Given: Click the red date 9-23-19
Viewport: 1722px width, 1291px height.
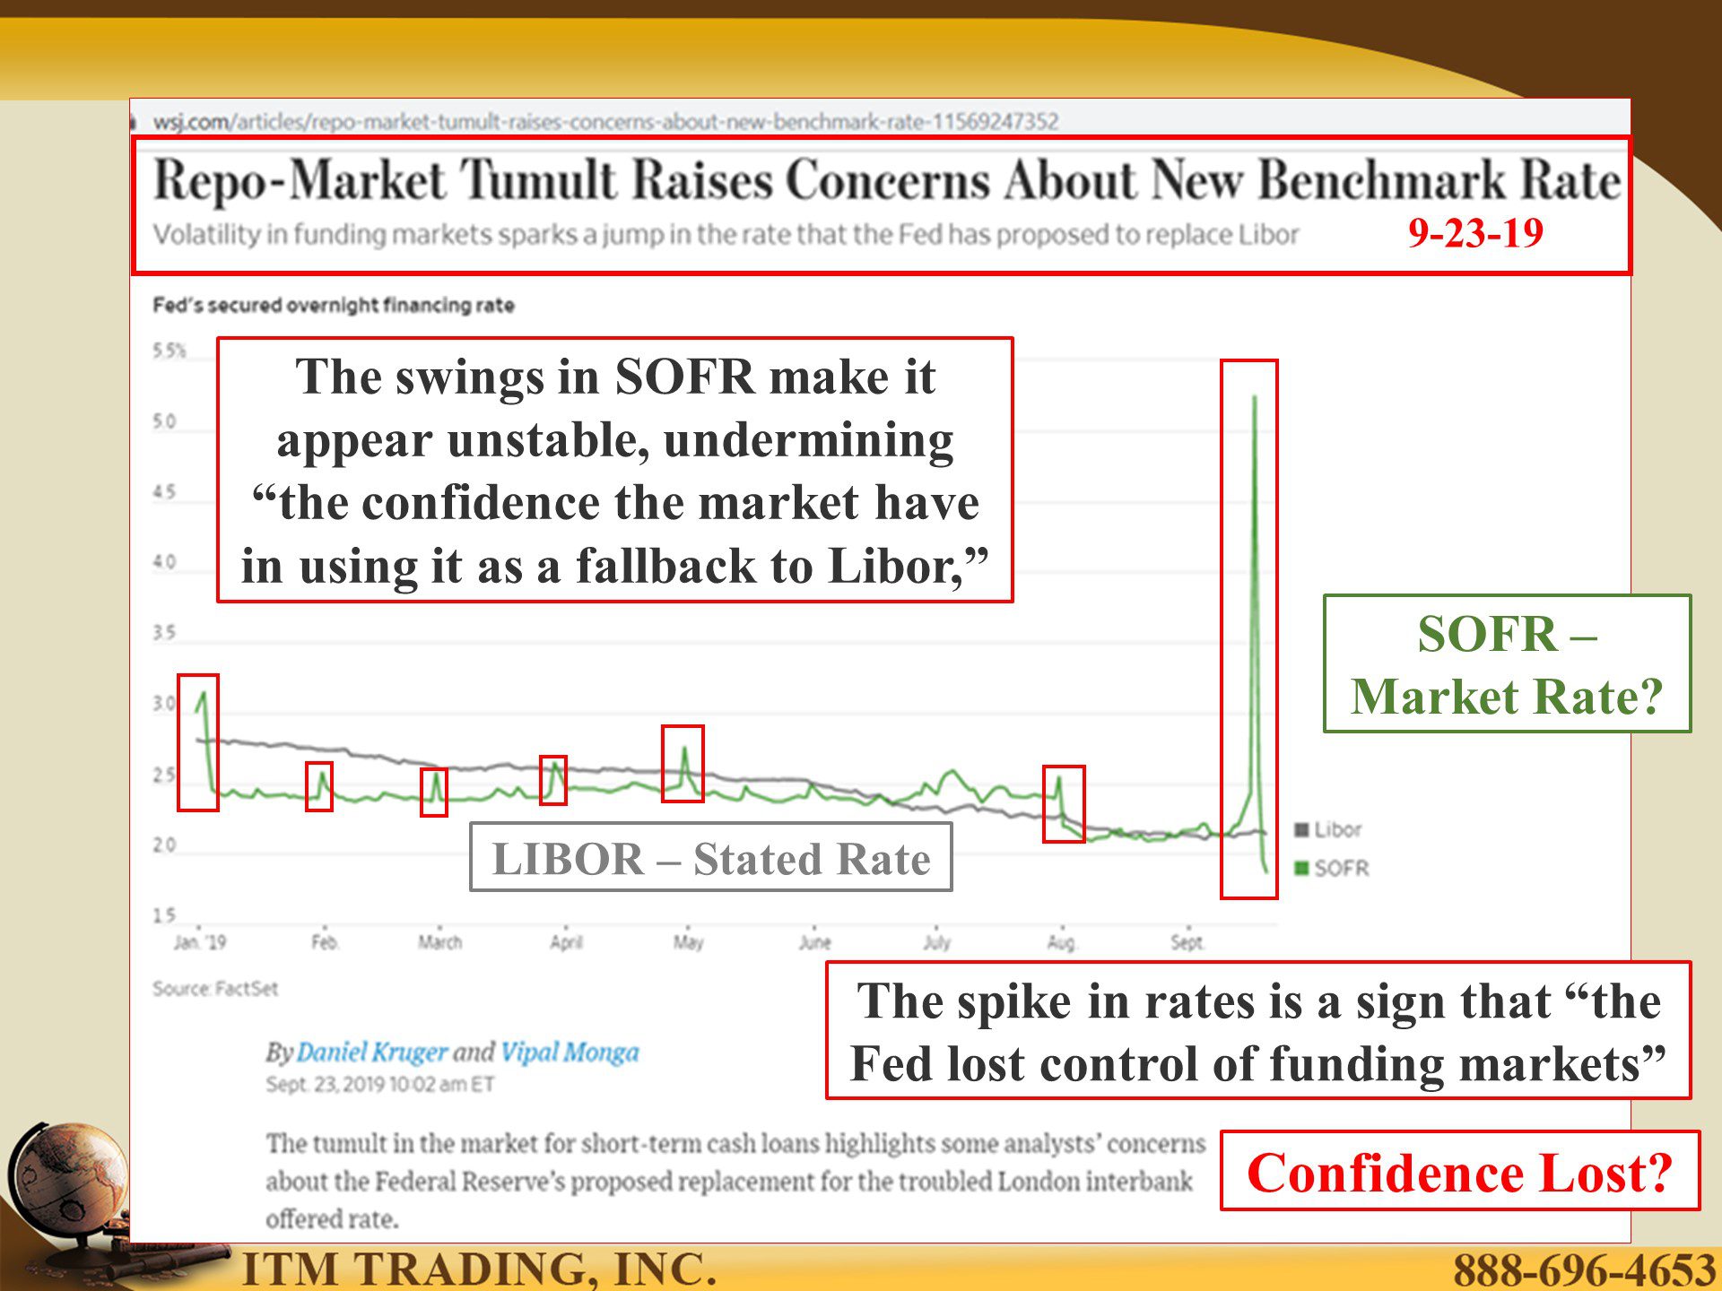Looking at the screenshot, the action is tap(1475, 233).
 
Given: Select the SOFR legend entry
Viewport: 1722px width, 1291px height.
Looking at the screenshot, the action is tap(1332, 868).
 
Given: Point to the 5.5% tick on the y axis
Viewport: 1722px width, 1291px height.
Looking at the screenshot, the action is tap(169, 350).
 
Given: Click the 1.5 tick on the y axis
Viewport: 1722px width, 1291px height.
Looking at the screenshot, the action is tap(164, 915).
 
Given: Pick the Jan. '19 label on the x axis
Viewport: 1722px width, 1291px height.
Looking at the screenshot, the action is tap(200, 942).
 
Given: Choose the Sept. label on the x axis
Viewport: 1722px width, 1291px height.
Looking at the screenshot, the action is tap(1187, 942).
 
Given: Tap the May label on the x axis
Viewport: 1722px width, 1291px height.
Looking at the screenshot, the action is tap(689, 942).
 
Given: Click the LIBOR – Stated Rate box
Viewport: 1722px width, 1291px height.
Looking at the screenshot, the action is tap(711, 857).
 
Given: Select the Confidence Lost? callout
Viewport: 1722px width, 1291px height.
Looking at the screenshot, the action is tap(1460, 1171).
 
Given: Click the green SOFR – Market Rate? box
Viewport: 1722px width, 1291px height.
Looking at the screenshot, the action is tap(1508, 664).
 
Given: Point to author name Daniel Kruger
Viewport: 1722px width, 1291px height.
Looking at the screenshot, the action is tap(371, 1052).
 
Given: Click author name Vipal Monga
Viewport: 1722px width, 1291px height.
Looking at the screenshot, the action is tap(570, 1052).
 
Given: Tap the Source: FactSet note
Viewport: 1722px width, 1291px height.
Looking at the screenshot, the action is tap(215, 988).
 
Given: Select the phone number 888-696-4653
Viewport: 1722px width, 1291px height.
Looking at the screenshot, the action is tap(1584, 1269).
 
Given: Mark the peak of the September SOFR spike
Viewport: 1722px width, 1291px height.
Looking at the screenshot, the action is tap(1254, 396).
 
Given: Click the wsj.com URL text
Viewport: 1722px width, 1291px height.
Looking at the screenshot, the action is tap(606, 121).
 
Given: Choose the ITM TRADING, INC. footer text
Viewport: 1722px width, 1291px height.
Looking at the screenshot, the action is tap(480, 1269).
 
